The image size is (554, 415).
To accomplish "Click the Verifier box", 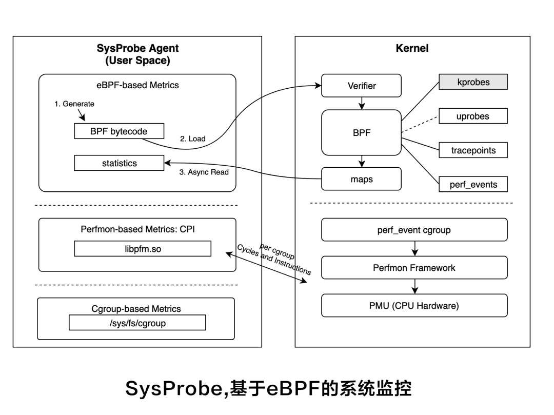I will pos(361,86).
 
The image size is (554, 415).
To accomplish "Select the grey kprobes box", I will pos(473,82).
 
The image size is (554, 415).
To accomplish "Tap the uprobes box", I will pos(473,116).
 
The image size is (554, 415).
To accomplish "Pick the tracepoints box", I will pos(473,150).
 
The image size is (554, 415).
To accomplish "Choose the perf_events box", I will pos(473,184).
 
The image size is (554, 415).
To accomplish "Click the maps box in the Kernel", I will pos(361,179).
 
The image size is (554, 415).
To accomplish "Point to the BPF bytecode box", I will pos(119,131).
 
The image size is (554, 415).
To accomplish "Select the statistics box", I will pos(119,163).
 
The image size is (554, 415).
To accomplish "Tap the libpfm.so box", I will pos(143,249).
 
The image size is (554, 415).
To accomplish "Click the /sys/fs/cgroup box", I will pos(137,323).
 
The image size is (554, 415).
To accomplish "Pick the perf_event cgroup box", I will pos(414,230).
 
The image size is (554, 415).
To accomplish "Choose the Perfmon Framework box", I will pos(414,268).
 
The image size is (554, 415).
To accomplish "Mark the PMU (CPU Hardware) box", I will pos(414,306).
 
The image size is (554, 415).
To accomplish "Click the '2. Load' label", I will pos(192,139).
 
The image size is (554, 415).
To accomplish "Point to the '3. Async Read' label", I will pos(204,172).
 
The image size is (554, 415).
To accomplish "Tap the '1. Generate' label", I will pos(74,104).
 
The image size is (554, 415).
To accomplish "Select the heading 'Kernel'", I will pos(412,49).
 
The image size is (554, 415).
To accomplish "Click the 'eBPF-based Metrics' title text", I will pos(137,85).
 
